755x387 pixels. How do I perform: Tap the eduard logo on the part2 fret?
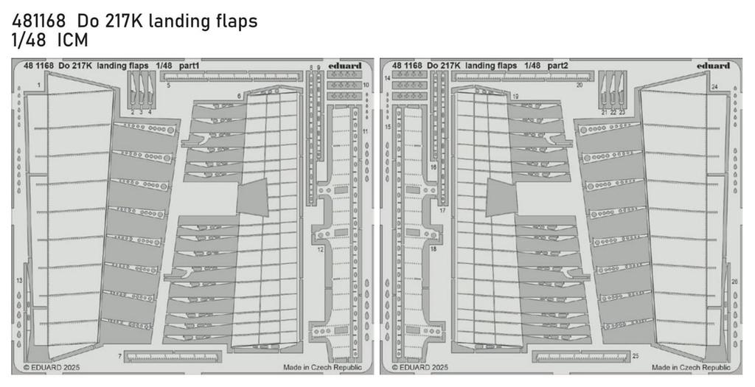[x=713, y=66]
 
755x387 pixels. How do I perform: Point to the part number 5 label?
[x=169, y=86]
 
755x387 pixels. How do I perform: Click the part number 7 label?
[x=240, y=97]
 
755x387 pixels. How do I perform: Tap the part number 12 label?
[x=119, y=357]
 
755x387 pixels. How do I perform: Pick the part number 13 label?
[x=19, y=282]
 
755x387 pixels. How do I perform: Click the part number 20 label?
[x=580, y=86]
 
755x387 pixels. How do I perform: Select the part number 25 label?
[x=635, y=356]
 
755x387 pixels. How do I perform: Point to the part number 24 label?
[x=714, y=87]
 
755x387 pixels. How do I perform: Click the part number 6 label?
[x=240, y=97]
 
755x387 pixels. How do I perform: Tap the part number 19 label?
[x=515, y=97]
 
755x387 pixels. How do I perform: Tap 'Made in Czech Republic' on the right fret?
[x=690, y=366]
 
